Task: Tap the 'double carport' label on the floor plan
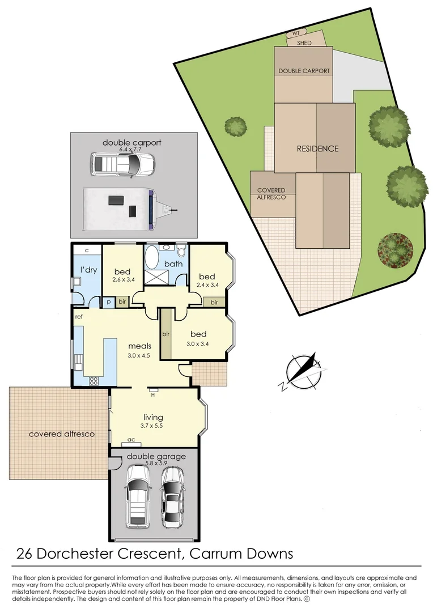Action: tap(131, 142)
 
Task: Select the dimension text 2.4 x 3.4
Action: tap(207, 285)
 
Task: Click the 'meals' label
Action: tap(138, 346)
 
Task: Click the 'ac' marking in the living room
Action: tap(131, 439)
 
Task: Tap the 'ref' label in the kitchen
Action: tap(79, 317)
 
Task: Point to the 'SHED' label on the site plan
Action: tap(304, 42)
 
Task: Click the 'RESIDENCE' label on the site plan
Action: tap(317, 148)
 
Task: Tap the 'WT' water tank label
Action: tap(295, 33)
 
